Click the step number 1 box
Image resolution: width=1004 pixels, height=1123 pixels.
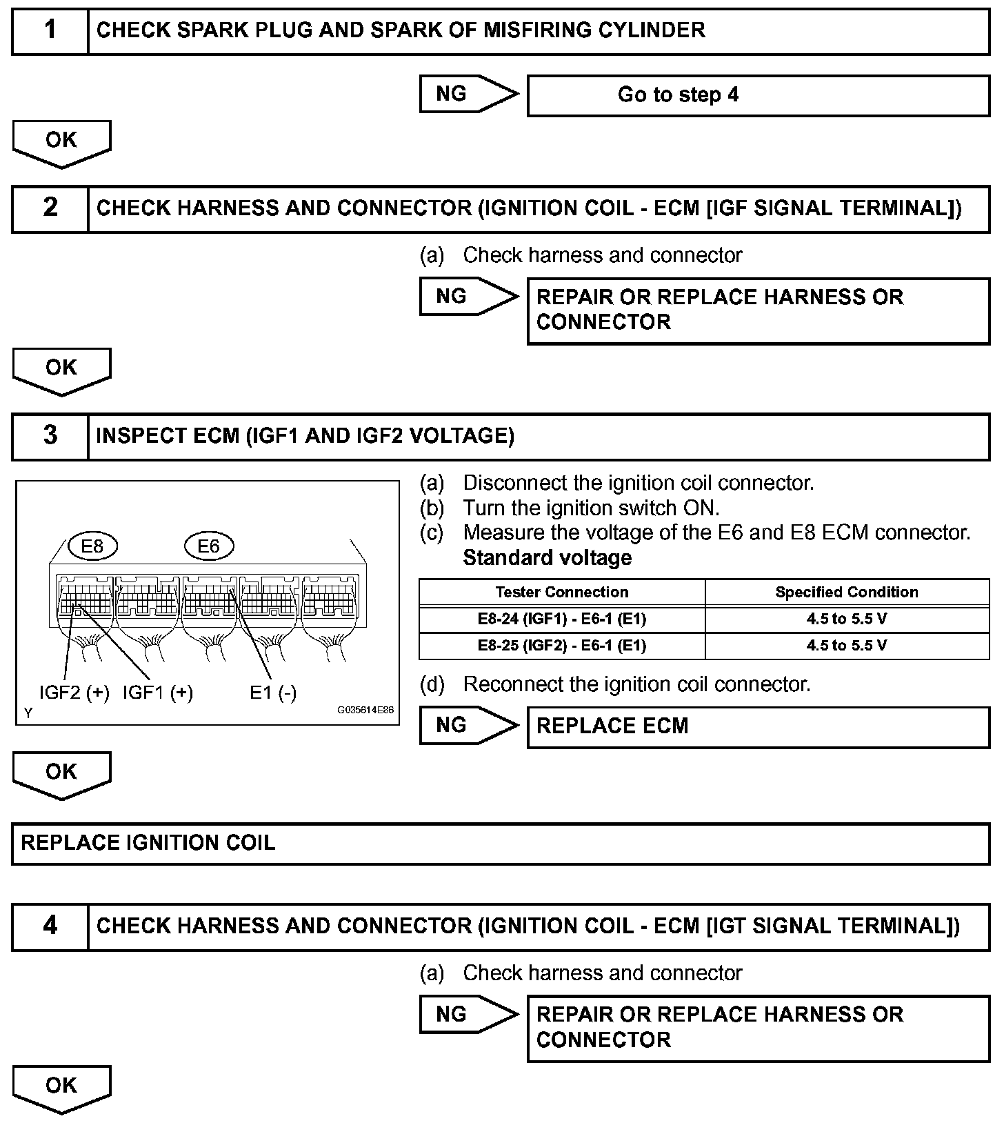pos(50,31)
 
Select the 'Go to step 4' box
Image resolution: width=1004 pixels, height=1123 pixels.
pos(758,95)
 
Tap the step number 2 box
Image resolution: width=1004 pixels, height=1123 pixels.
pos(50,208)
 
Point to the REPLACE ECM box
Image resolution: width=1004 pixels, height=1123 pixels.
pos(758,727)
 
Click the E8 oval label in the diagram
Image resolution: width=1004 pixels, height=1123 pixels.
pos(92,546)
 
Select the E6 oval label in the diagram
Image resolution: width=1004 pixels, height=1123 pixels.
pos(209,546)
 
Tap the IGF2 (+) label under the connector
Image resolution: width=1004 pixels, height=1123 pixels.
pos(74,693)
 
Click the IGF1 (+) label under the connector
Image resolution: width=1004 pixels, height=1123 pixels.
pos(157,693)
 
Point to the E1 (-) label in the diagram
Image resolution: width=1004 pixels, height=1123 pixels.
pos(273,693)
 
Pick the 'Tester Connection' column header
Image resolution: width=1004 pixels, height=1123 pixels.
pos(562,593)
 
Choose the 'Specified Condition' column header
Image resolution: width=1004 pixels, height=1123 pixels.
pos(847,593)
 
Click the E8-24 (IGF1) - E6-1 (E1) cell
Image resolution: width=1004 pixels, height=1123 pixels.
pos(562,619)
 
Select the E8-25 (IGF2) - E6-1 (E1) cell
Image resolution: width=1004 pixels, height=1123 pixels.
pos(562,646)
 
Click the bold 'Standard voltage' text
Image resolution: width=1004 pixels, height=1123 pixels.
pos(547,557)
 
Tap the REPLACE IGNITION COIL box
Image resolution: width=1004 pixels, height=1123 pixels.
pos(501,843)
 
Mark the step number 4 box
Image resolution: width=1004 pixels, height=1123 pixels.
pos(50,926)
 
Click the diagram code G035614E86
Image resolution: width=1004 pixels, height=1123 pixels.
pos(365,710)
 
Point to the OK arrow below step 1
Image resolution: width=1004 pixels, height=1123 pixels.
pos(61,143)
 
